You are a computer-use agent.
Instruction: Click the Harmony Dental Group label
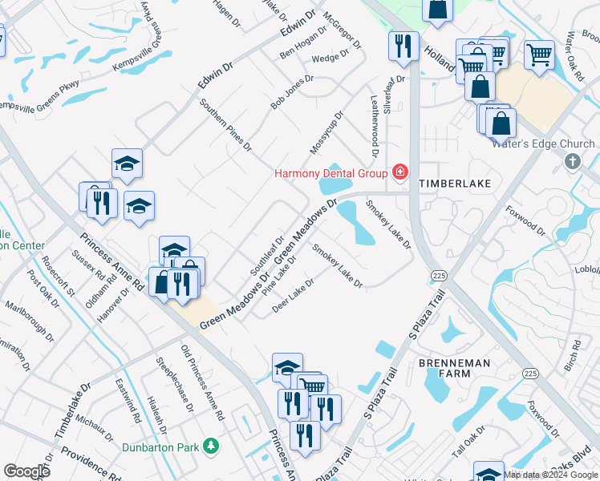(330, 172)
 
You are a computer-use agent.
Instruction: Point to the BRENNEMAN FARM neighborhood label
(454, 370)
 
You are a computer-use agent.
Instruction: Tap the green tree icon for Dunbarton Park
(211, 445)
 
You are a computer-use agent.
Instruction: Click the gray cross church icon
(572, 162)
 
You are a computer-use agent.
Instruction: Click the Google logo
(26, 471)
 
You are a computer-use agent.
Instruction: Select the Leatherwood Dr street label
(373, 123)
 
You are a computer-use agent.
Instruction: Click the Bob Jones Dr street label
(291, 92)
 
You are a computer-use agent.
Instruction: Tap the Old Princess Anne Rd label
(201, 382)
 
